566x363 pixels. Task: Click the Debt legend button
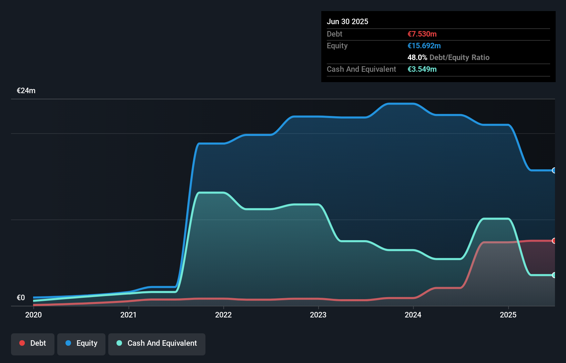tap(33, 344)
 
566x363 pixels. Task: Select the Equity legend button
tap(81, 344)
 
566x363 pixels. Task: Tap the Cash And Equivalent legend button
tap(157, 344)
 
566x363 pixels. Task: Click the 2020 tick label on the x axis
tap(33, 315)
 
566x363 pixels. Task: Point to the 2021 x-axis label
tap(128, 315)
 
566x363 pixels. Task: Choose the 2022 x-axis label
tap(223, 315)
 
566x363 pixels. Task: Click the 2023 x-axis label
tap(318, 315)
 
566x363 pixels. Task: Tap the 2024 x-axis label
tap(413, 315)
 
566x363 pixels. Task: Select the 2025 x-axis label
tap(508, 315)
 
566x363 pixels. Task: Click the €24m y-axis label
tap(26, 91)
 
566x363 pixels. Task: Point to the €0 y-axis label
tap(21, 297)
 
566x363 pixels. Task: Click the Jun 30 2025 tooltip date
tap(347, 22)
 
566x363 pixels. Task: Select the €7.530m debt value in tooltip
tap(422, 34)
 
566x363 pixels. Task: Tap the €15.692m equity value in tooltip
tap(424, 46)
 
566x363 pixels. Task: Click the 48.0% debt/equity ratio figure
tap(417, 58)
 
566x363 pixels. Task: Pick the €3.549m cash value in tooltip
tap(422, 69)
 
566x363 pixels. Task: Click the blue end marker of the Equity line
tap(554, 170)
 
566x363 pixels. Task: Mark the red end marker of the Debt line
tap(554, 241)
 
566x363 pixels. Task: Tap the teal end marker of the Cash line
tap(554, 275)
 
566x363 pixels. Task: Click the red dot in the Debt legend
tap(22, 343)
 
